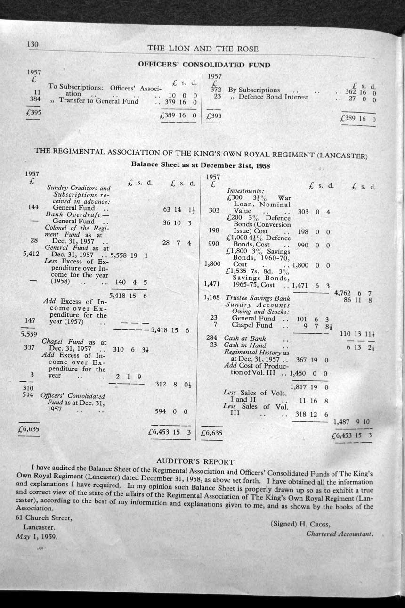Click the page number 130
[x=32, y=44]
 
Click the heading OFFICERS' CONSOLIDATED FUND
[x=204, y=65]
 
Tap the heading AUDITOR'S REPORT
[x=195, y=461]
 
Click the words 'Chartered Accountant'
[x=340, y=534]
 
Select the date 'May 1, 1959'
[x=37, y=536]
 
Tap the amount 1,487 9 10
[x=351, y=422]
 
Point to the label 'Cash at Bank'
[x=244, y=338]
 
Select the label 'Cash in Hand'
[x=244, y=345]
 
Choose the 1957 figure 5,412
[x=31, y=253]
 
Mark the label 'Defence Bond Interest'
[x=273, y=97]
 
